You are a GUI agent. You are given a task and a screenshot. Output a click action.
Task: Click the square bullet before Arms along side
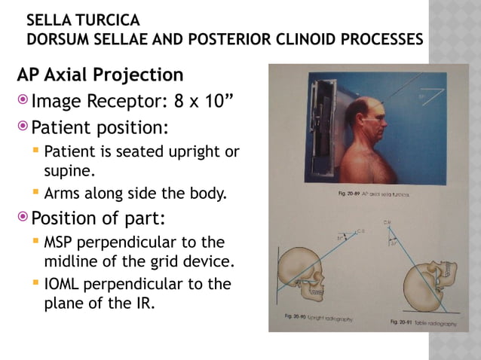point(35,194)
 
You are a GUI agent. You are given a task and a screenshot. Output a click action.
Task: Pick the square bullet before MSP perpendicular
point(35,243)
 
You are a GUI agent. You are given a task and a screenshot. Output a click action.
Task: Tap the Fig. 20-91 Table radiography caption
point(423,322)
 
